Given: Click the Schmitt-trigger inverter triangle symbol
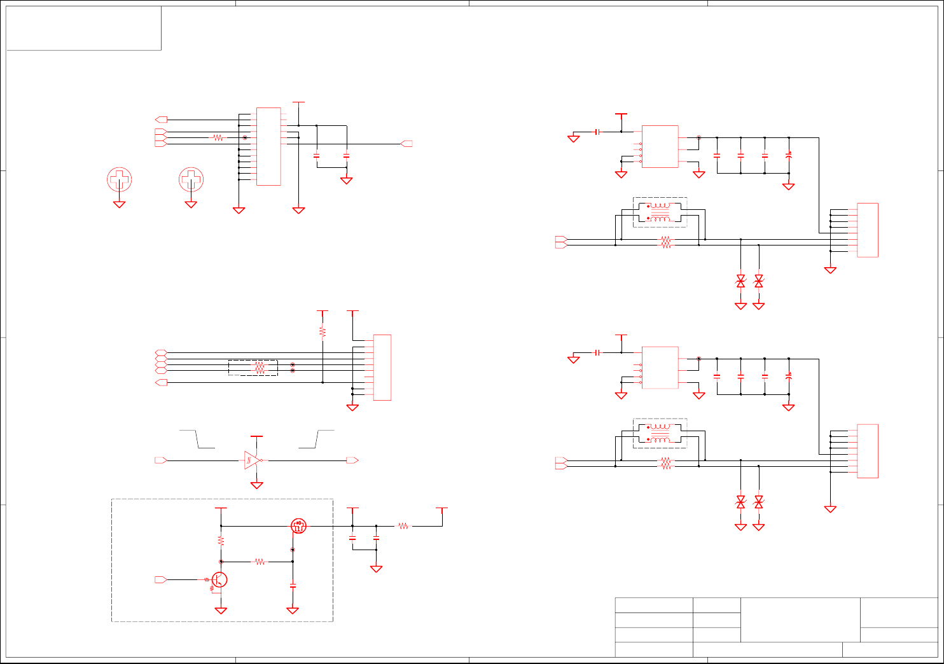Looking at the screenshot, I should pos(251,460).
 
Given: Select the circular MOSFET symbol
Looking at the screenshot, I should pos(298,526).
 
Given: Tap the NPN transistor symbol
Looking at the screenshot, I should pos(220,580).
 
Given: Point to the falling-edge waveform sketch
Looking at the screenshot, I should pos(197,439).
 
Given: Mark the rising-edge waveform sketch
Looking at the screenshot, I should pos(316,439).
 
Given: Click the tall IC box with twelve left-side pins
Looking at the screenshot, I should pos(268,146).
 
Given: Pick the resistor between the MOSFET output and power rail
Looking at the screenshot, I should pos(404,526).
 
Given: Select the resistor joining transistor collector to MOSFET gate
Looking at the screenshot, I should pos(260,562).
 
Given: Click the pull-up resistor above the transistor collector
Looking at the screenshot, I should pos(221,541).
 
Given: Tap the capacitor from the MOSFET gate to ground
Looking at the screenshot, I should pos(293,584).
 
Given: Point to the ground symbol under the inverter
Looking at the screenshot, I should pos(257,485).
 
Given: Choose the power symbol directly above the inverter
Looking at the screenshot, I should pos(257,437).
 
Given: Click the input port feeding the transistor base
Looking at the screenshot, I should pos(161,580).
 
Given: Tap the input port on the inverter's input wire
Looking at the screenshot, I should pos(161,460).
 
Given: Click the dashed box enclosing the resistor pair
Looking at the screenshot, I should pos(253,368).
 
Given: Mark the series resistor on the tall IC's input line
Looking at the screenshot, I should pos(218,137).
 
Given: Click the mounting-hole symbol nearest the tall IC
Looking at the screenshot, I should pos(191,179).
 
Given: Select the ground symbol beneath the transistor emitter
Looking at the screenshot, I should pos(221,611).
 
